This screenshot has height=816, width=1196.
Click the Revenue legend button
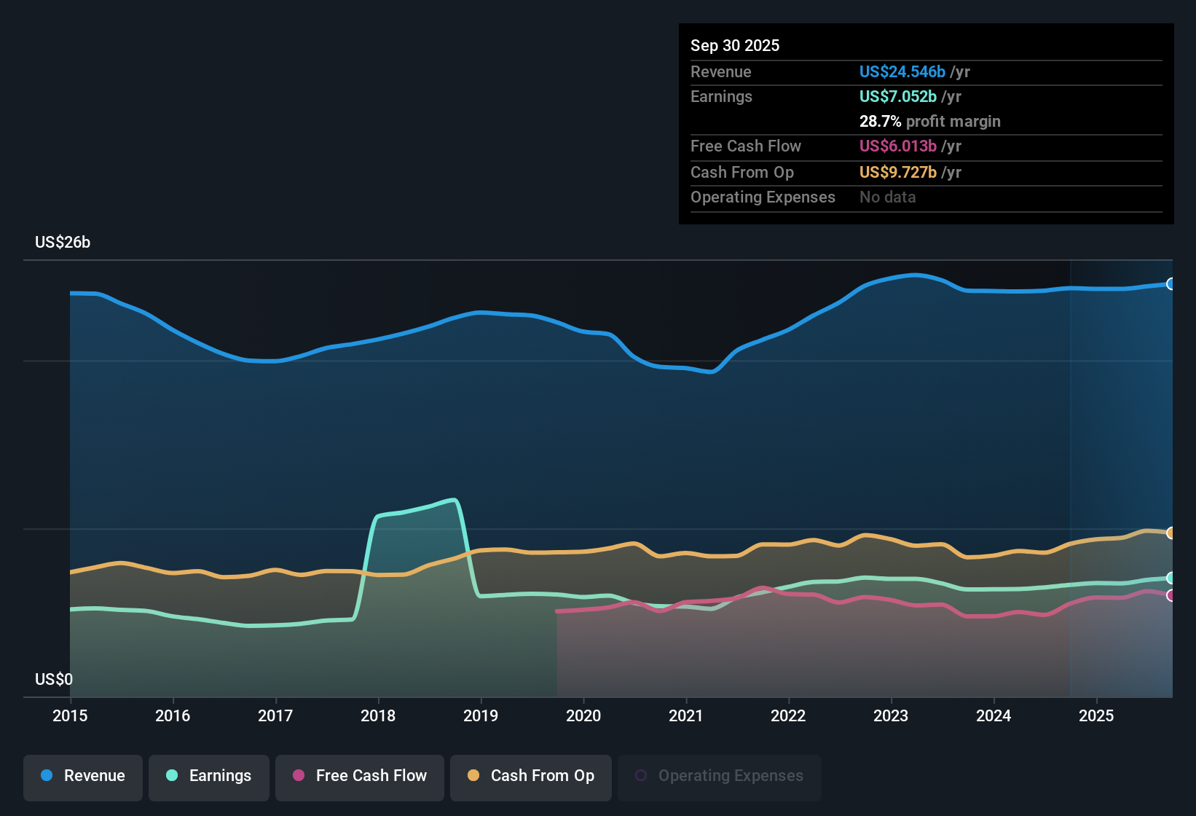(83, 777)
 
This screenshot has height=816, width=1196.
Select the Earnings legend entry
(209, 777)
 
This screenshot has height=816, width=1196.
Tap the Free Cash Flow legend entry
(360, 777)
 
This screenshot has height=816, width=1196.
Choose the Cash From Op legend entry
(531, 777)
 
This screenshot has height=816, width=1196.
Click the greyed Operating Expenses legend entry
(720, 777)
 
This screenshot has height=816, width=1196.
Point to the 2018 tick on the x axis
(378, 715)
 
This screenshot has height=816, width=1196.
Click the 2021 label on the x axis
(685, 715)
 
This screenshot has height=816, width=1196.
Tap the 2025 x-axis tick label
(1095, 715)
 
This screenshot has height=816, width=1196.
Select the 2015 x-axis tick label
(70, 715)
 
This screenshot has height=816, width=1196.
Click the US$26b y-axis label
(63, 243)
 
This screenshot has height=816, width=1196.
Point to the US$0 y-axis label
(54, 679)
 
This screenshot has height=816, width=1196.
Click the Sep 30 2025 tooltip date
(734, 46)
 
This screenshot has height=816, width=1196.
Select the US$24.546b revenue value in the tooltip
(902, 72)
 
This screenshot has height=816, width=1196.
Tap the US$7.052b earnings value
(897, 97)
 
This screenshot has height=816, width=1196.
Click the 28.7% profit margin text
(929, 122)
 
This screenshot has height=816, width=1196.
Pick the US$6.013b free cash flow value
(897, 146)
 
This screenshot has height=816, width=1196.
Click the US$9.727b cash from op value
(897, 173)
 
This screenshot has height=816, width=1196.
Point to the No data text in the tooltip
(887, 197)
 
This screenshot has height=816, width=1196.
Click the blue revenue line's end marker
(1171, 284)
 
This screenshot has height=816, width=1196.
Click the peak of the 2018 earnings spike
(455, 500)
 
